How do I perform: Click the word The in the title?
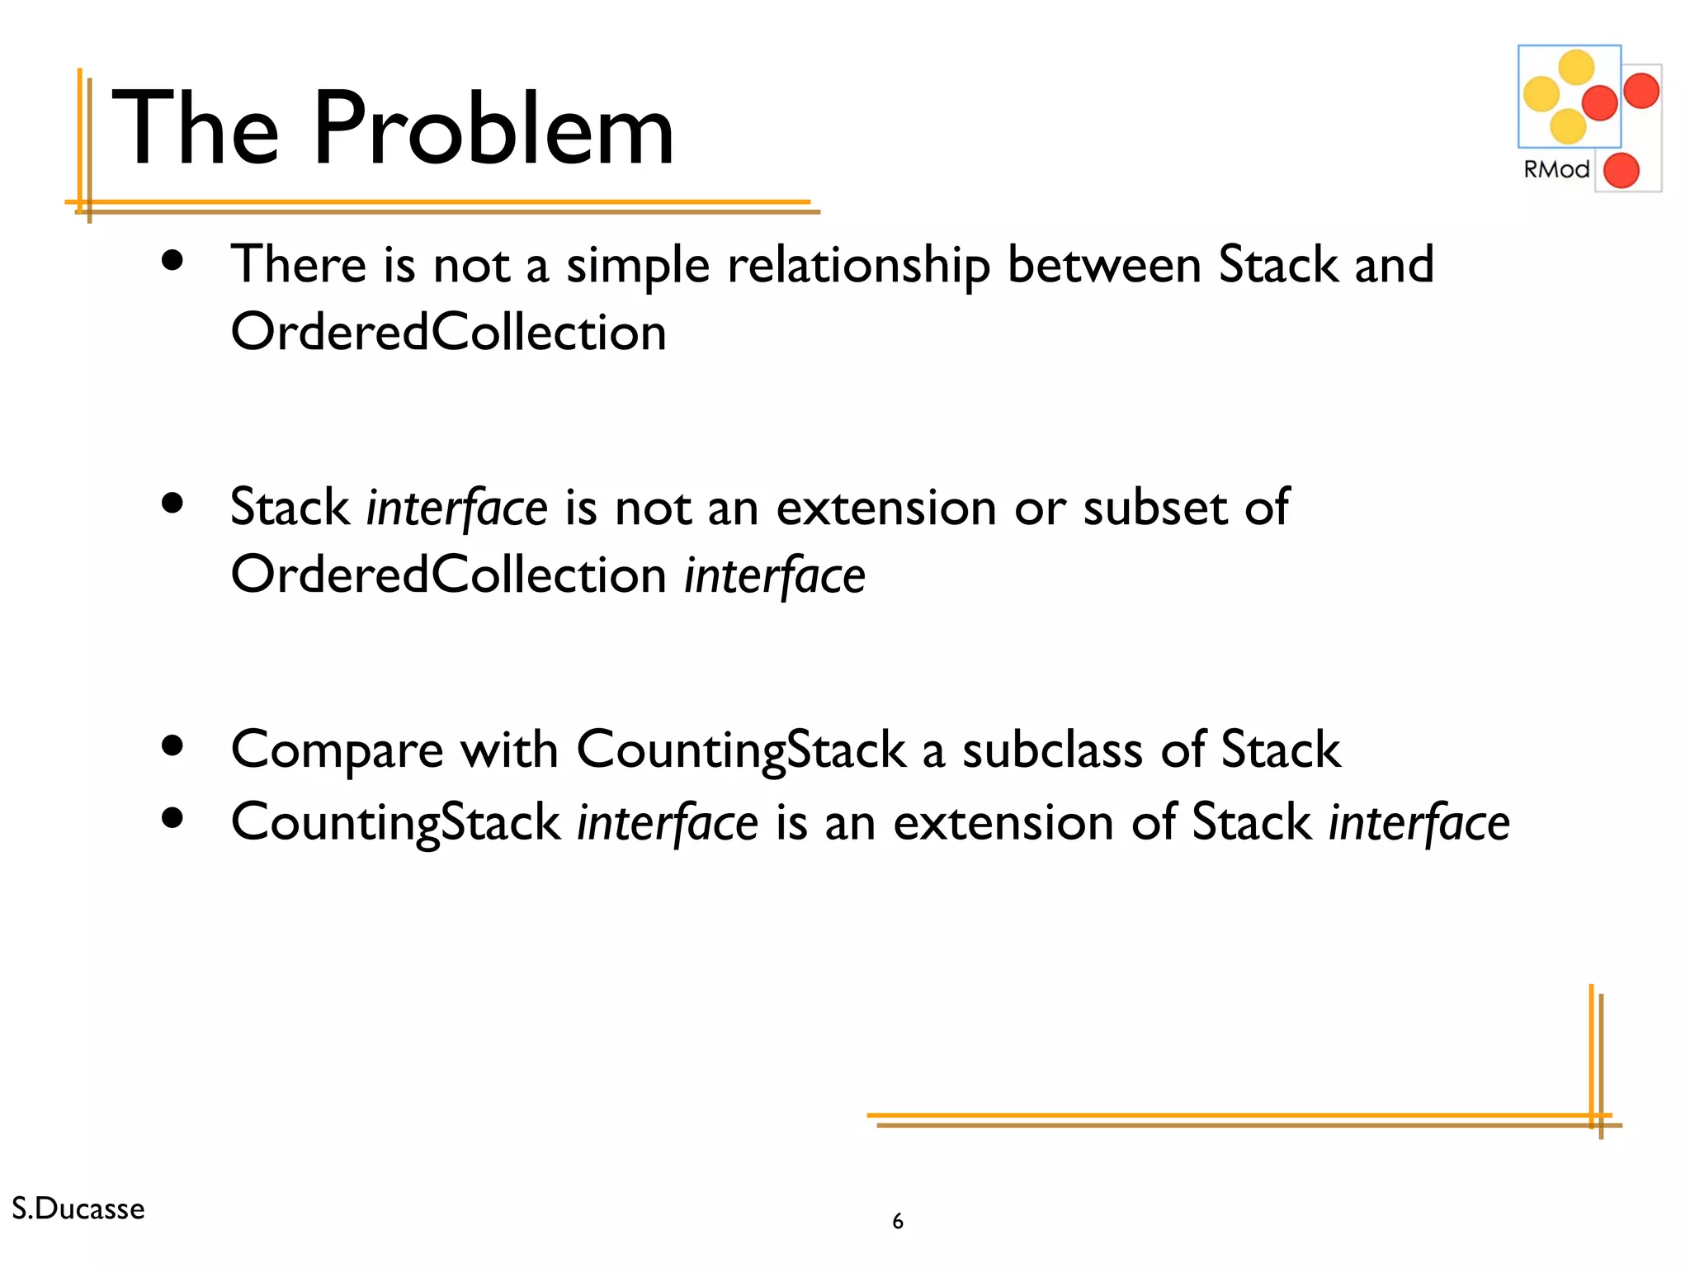[x=195, y=129]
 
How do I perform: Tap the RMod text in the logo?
[x=1555, y=169]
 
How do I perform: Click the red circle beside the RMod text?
[x=1621, y=170]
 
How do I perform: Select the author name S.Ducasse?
[x=78, y=1209]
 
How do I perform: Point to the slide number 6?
[x=898, y=1221]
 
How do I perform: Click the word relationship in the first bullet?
[x=858, y=266]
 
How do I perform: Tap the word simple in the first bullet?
[x=637, y=266]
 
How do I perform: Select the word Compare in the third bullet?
[x=337, y=750]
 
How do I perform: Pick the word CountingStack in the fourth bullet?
[x=395, y=823]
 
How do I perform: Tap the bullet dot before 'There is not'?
[x=172, y=261]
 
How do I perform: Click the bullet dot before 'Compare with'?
[x=172, y=746]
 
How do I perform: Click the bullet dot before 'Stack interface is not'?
[x=172, y=504]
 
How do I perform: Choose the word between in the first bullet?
[x=1103, y=265]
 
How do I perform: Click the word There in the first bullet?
[x=298, y=265]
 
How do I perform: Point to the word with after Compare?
[x=508, y=750]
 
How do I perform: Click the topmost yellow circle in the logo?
[x=1576, y=68]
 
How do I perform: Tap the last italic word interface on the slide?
[x=1419, y=823]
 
